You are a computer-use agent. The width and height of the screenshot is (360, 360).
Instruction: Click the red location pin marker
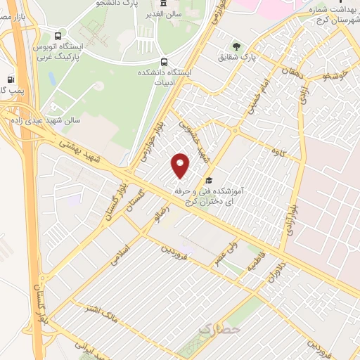click(181, 166)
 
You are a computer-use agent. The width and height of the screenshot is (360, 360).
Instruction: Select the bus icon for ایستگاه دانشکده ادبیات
click(164, 62)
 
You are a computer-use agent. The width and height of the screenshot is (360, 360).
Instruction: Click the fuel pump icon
click(11, 80)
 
